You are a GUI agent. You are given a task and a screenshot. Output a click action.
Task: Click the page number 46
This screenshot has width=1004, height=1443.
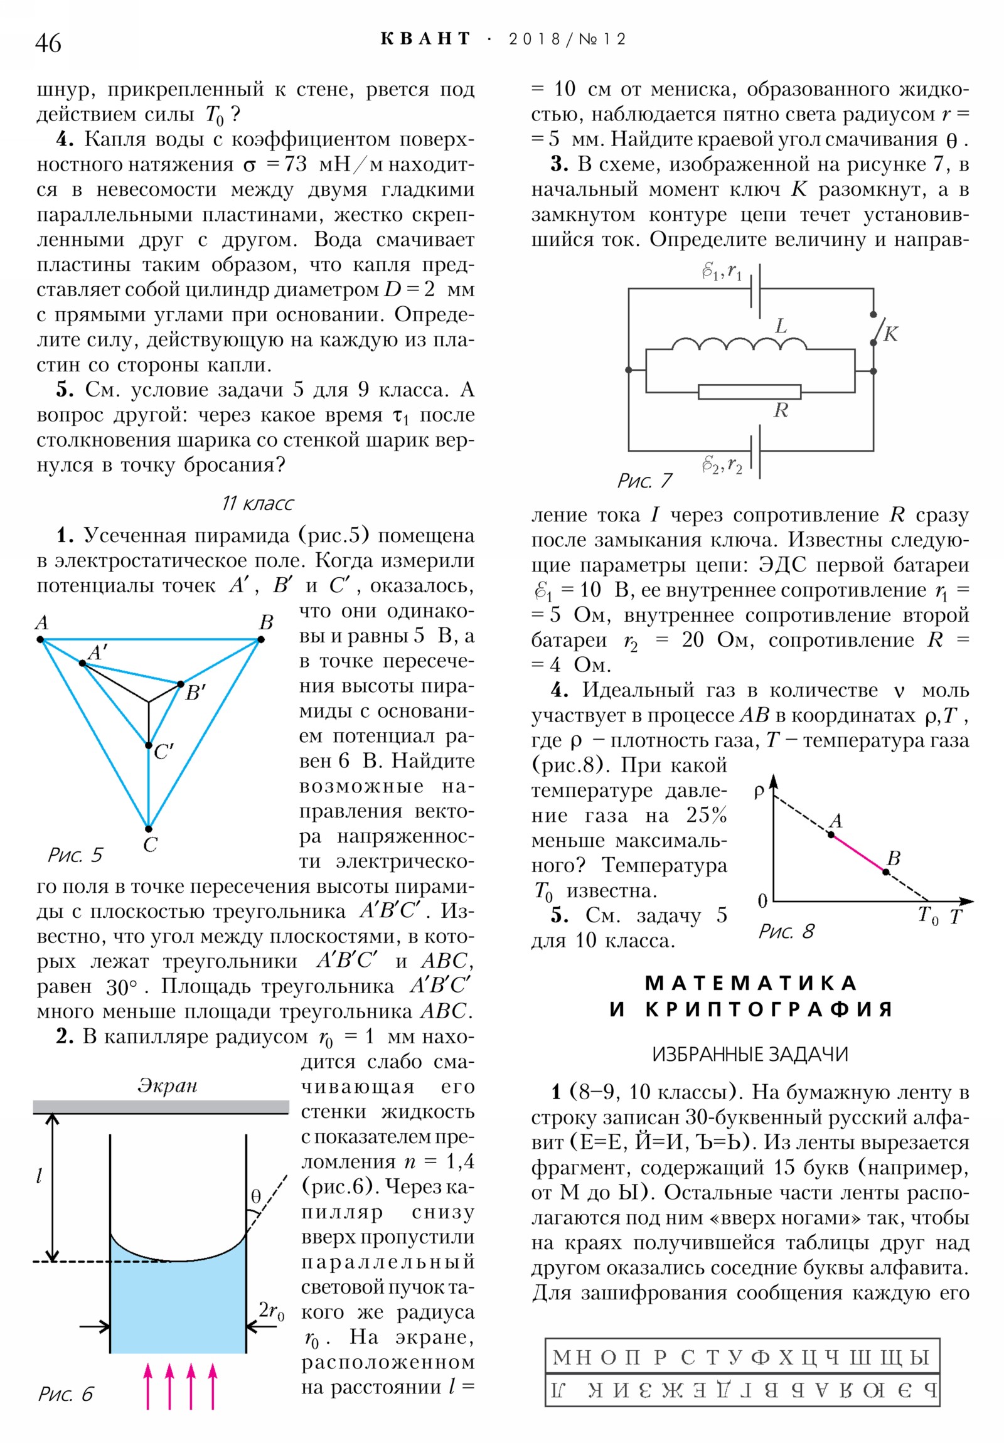click(x=48, y=43)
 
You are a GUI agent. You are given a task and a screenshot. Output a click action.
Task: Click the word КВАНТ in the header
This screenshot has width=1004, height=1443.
click(x=425, y=39)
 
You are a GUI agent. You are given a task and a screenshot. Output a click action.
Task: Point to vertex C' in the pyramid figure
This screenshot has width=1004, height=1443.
click(x=149, y=745)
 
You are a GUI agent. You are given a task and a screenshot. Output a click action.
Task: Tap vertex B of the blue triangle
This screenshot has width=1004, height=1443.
click(x=261, y=639)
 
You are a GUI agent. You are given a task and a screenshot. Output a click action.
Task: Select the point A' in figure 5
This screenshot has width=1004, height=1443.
click(x=82, y=663)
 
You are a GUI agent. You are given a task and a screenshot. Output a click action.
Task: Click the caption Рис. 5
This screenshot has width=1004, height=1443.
click(x=75, y=855)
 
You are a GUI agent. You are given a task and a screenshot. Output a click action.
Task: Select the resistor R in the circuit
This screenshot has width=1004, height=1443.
click(x=749, y=392)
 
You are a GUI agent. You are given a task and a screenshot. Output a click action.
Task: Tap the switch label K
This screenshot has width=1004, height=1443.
click(x=891, y=334)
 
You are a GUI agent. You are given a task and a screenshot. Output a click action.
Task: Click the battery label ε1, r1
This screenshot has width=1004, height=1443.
click(x=722, y=272)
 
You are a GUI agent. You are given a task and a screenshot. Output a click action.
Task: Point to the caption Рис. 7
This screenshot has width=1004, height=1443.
click(x=644, y=481)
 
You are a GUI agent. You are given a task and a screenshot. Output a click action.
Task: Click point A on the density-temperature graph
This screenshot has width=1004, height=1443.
click(x=830, y=834)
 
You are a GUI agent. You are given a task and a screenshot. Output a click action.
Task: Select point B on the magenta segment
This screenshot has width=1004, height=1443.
click(x=885, y=871)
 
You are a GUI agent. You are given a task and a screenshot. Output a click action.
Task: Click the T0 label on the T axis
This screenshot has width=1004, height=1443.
click(x=928, y=916)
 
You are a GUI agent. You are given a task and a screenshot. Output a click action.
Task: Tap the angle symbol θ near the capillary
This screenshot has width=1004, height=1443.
click(x=255, y=1196)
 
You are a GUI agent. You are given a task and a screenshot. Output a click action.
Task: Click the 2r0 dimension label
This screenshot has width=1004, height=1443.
click(x=272, y=1311)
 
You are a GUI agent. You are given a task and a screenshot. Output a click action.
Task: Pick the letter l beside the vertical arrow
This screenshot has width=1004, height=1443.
click(x=39, y=1175)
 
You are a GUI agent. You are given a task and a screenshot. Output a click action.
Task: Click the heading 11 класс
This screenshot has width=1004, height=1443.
click(x=258, y=503)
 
